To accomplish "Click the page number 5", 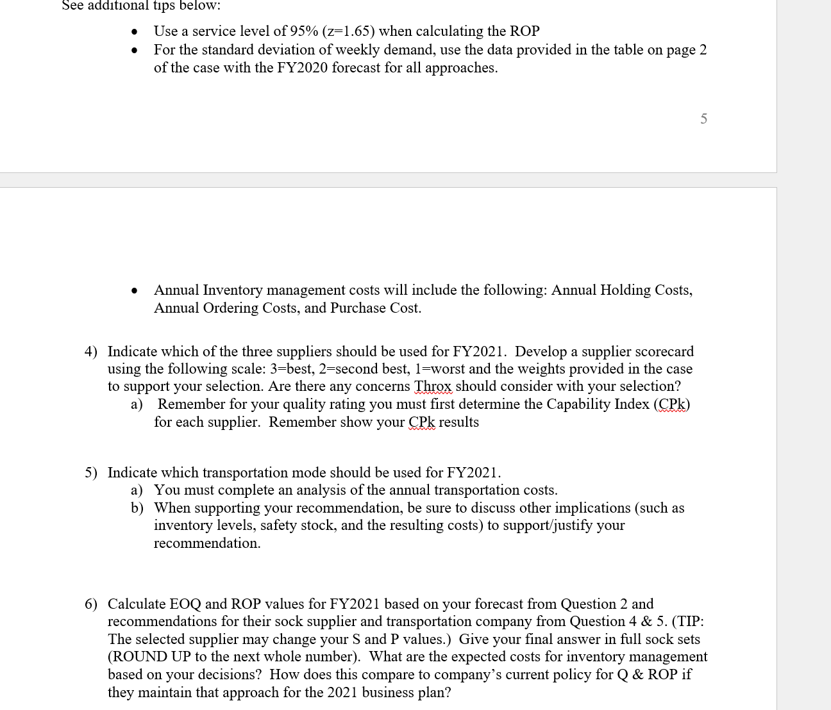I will [703, 119].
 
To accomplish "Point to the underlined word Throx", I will [433, 386].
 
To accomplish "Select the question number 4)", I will [91, 352].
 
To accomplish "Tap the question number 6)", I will [91, 604].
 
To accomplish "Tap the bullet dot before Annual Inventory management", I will [134, 291].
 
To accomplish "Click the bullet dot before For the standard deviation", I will [134, 51].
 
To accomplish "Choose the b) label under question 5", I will [137, 508].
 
